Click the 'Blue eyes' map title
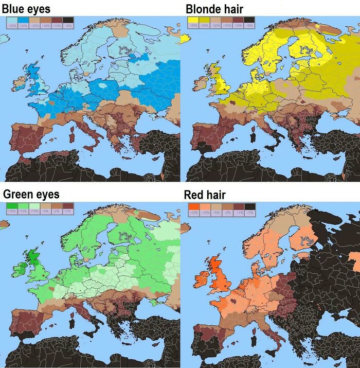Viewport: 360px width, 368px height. [x=26, y=9]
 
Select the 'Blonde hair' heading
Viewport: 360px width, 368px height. [x=214, y=9]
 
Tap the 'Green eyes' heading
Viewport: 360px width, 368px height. [x=31, y=194]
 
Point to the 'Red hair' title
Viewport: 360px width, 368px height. [x=204, y=195]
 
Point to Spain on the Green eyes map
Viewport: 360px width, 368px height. [x=23, y=329]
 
